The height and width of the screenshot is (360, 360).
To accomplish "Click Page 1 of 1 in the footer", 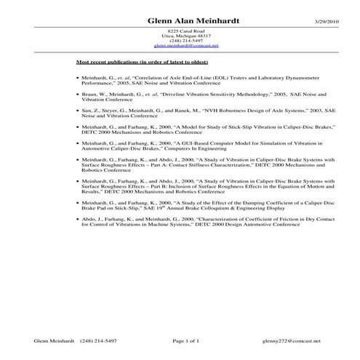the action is (185, 340).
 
